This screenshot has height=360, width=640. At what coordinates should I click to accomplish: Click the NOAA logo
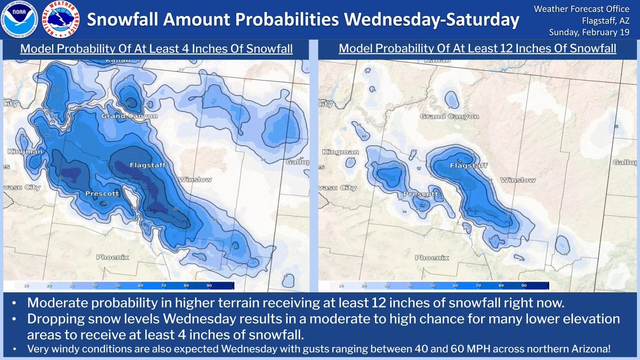click(x=21, y=21)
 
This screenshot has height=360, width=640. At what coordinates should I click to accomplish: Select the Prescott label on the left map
click(x=102, y=194)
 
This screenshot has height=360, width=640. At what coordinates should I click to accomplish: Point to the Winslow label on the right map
click(x=518, y=180)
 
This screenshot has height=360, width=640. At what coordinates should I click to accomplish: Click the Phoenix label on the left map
click(x=113, y=258)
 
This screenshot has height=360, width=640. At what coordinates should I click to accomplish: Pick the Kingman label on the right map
click(x=341, y=152)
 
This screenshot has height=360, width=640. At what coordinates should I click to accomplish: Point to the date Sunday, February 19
click(x=591, y=33)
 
